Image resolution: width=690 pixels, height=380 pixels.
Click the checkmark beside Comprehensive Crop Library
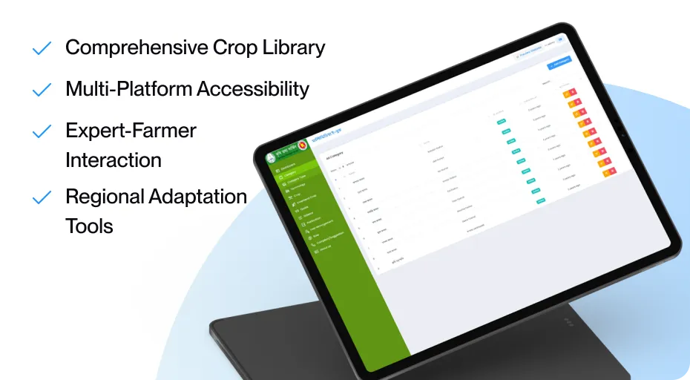point(42,49)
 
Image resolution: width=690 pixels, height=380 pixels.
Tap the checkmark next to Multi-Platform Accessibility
point(42,91)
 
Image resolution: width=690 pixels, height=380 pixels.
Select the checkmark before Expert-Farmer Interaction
point(42,132)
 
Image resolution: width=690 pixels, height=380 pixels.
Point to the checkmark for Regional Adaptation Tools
point(42,198)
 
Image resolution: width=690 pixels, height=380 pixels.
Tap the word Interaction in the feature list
point(114,160)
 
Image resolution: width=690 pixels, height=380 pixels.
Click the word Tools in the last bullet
point(89,226)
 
